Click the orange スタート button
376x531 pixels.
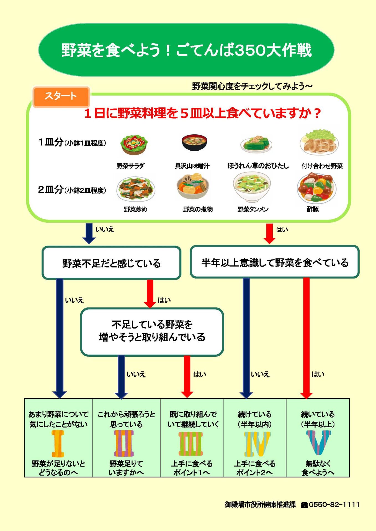click(61, 97)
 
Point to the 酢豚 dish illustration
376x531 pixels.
click(316, 188)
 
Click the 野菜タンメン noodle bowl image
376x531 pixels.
click(252, 187)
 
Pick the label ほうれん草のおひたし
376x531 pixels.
click(258, 166)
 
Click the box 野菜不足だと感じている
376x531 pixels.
click(111, 263)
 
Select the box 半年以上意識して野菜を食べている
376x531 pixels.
click(274, 262)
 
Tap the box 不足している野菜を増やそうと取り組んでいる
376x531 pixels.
click(152, 331)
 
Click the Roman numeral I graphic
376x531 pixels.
click(58, 443)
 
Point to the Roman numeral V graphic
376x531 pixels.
click(318, 442)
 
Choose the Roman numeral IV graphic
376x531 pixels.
click(257, 444)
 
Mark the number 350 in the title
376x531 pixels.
click(250, 50)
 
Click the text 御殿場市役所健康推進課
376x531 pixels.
click(260, 505)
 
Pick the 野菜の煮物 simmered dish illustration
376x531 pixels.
click(193, 187)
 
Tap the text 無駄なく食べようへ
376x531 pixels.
click(318, 468)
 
